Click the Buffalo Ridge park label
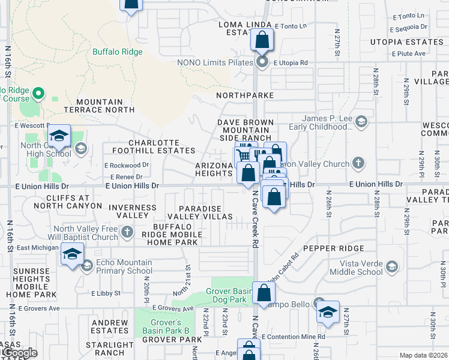click(x=118, y=52)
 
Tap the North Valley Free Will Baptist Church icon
click(x=127, y=232)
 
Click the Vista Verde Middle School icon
click(x=392, y=266)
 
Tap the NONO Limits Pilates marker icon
click(x=262, y=62)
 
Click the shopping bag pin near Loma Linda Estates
click(x=262, y=41)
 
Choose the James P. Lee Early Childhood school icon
click(x=361, y=122)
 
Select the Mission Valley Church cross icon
click(x=358, y=163)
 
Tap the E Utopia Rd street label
click(x=291, y=62)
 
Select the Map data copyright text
click(x=424, y=355)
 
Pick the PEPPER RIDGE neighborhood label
click(x=334, y=248)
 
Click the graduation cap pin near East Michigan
click(x=72, y=254)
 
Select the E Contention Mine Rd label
click(x=294, y=337)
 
